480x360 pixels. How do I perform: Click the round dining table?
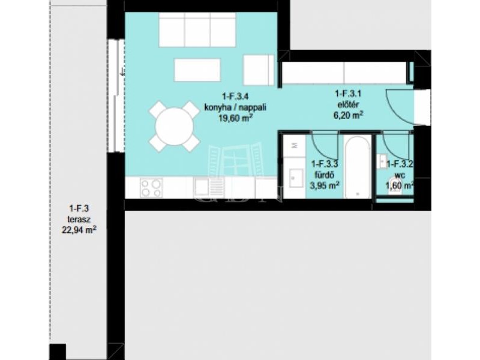click(x=174, y=126)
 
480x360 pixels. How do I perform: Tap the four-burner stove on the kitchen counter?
click(x=152, y=188)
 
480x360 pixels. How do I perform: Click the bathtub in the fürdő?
click(x=357, y=167)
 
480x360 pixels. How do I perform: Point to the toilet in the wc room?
click(x=395, y=185)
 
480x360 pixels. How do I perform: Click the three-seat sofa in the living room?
click(x=197, y=29)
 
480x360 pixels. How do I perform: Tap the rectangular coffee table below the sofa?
click(x=197, y=70)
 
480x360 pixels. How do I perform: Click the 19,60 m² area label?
click(x=235, y=118)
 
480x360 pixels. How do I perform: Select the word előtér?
click(x=348, y=104)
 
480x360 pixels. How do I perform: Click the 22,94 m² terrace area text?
click(x=79, y=230)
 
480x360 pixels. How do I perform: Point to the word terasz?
click(x=79, y=220)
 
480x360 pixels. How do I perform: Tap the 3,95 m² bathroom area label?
click(x=325, y=185)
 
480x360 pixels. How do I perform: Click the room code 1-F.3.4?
click(x=235, y=97)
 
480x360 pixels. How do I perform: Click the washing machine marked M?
click(x=295, y=146)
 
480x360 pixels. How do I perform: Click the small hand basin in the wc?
click(x=383, y=161)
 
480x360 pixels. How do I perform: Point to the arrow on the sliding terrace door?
click(x=122, y=72)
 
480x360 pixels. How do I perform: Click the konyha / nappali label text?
click(x=235, y=107)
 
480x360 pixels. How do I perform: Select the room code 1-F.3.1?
click(x=348, y=94)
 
